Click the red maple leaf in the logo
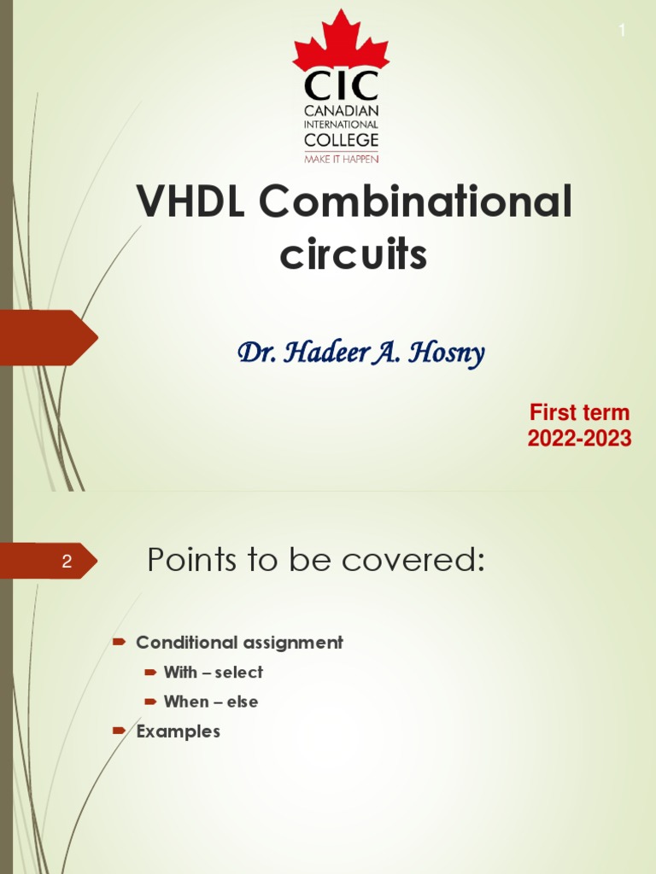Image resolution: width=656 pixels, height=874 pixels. pos(341,44)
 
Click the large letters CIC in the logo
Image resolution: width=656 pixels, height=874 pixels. pos(341,87)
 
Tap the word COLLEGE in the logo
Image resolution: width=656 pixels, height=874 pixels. pos(341,140)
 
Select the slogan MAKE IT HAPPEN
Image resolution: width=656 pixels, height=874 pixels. pos(341,159)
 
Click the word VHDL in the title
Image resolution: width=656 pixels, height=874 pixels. pos(190,203)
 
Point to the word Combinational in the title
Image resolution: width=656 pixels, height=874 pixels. pos(415,203)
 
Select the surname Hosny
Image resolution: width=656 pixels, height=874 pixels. pos(446,353)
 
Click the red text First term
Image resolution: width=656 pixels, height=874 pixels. pos(579,412)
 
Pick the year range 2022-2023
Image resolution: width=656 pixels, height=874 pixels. pos(579,439)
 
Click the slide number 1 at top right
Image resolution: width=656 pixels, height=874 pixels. pos(622,31)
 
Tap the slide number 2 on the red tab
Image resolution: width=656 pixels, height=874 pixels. pos(66,562)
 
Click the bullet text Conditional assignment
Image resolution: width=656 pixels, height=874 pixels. pos(239,643)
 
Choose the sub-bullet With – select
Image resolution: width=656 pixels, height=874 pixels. pos(214,673)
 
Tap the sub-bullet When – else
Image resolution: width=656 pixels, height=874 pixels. pos(211,702)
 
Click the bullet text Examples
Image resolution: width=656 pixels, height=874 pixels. pos(179,731)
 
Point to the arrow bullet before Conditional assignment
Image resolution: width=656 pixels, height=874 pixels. pos(120,641)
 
